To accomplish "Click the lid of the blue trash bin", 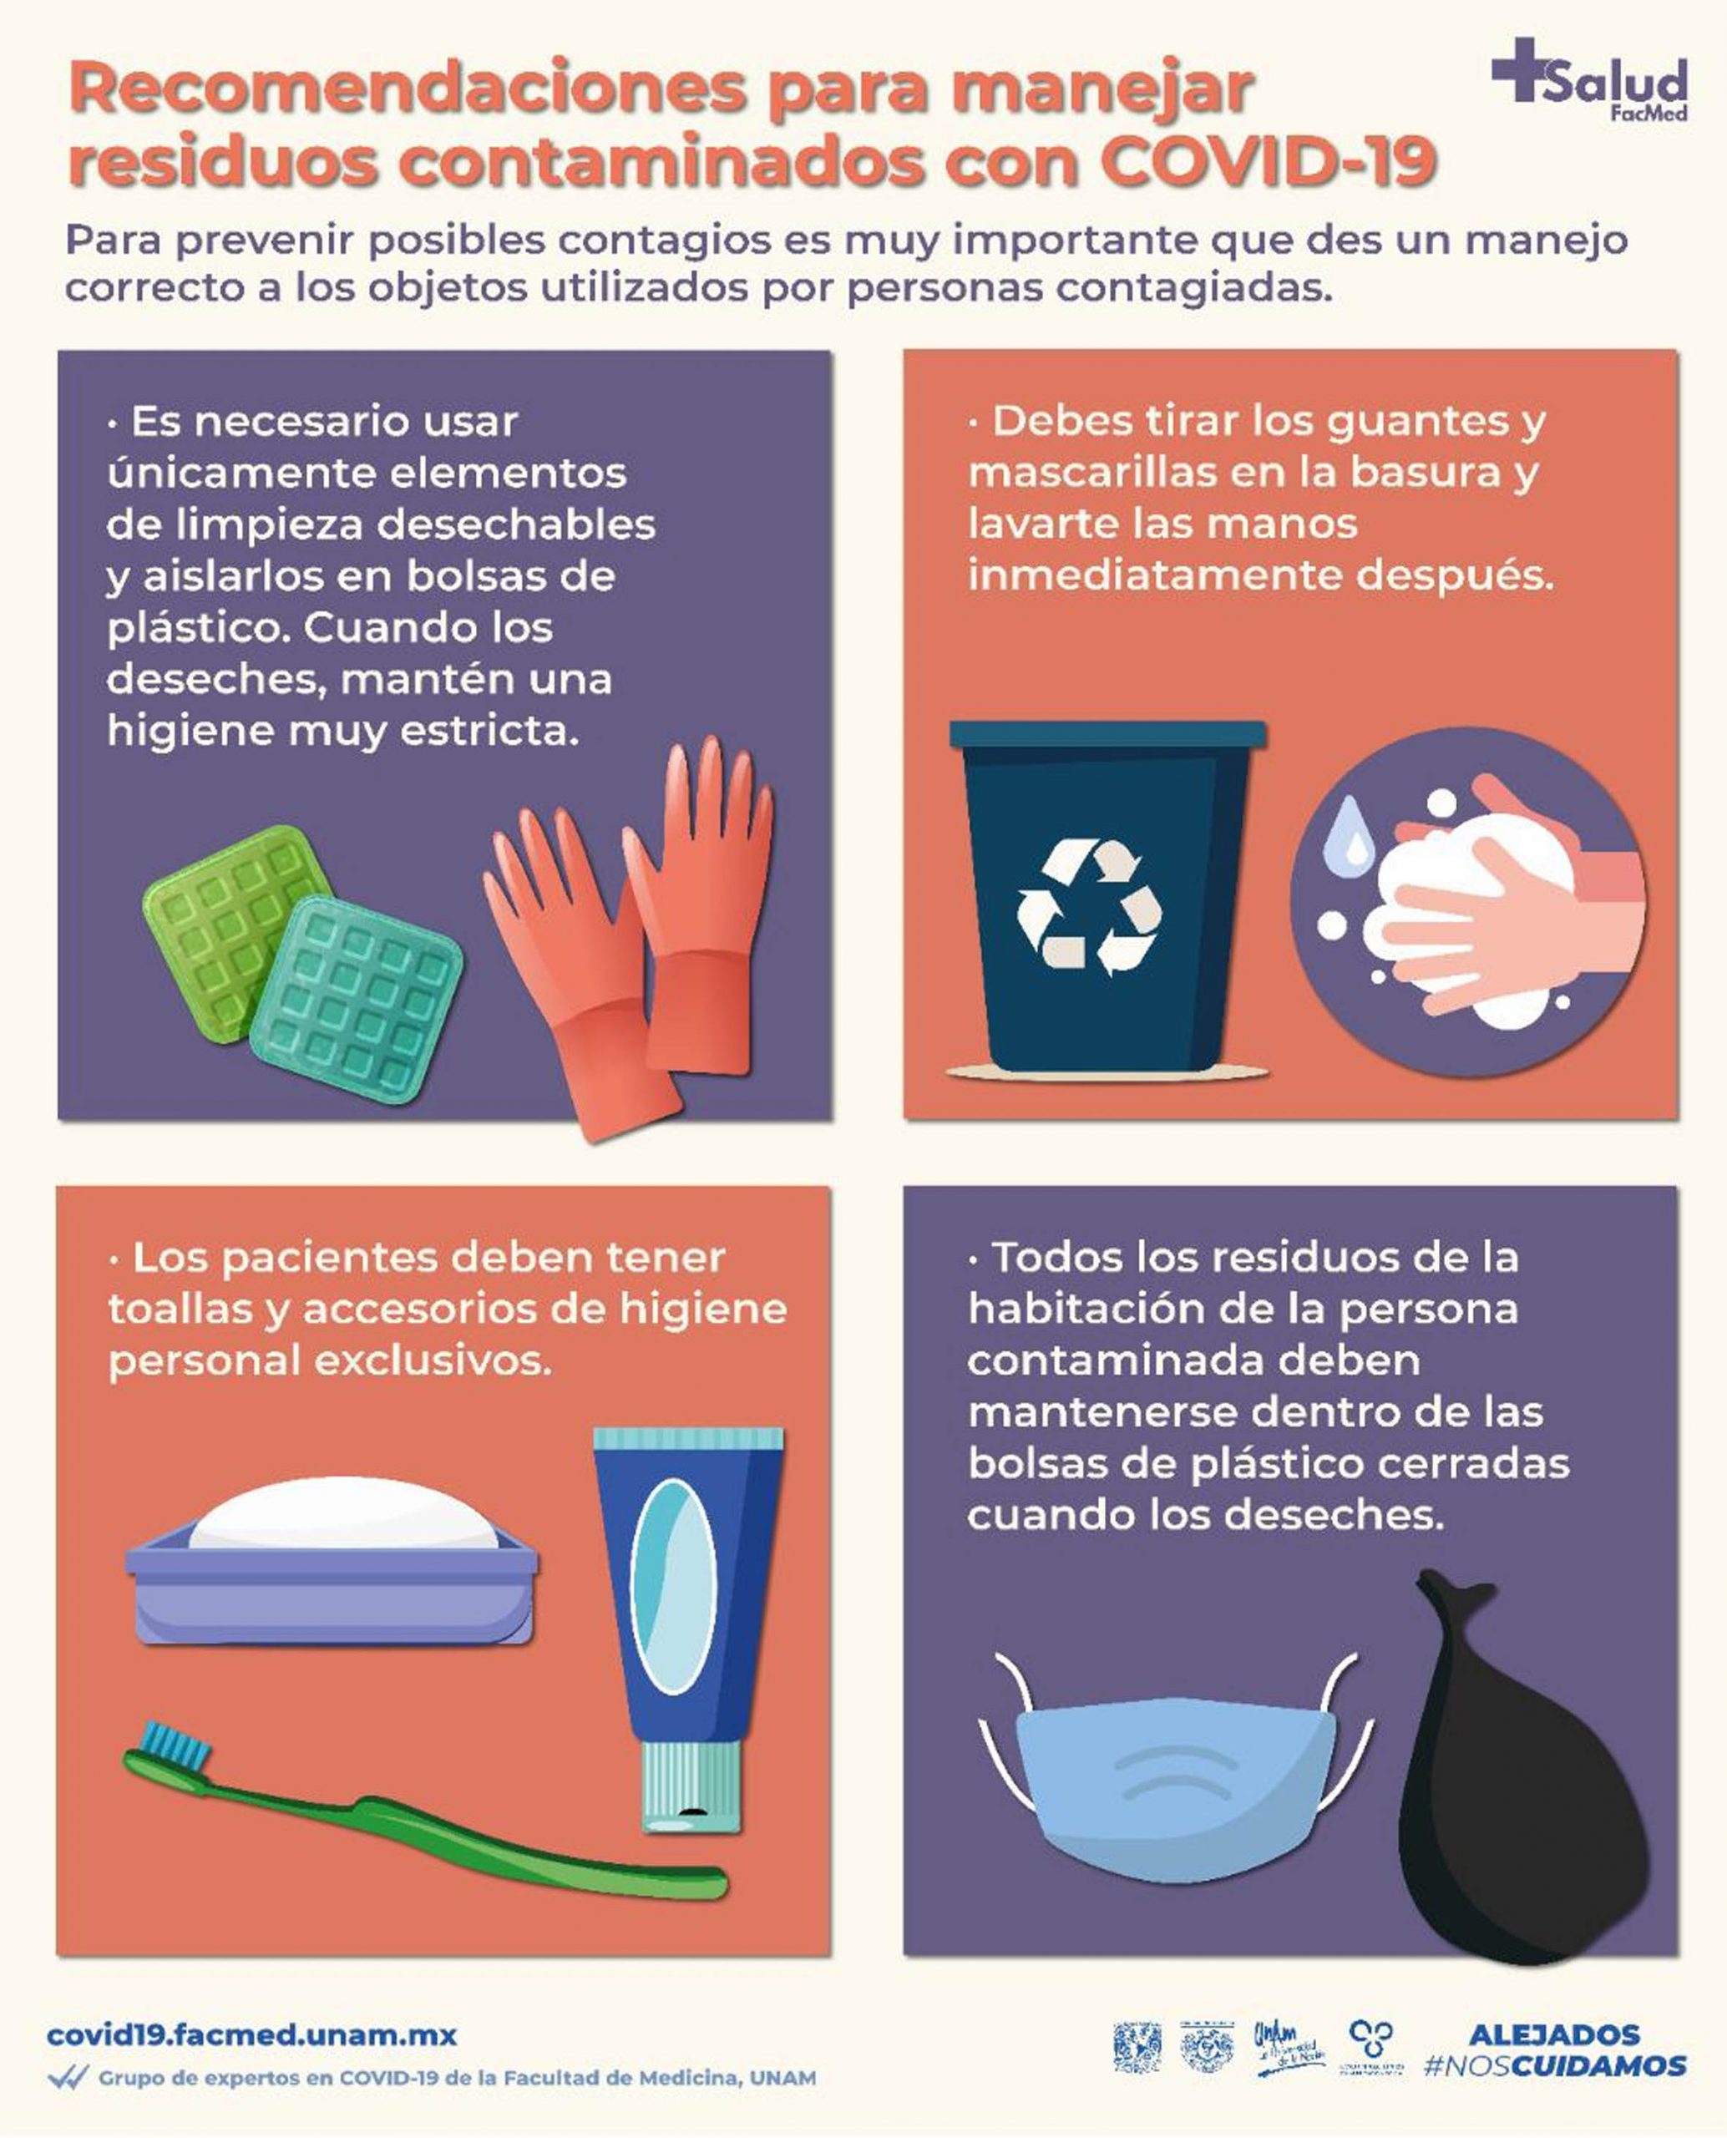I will tap(1107, 735).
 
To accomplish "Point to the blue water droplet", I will tap(1349, 832).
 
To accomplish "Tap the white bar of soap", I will tap(344, 1516).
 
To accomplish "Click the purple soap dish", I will tap(332, 1592).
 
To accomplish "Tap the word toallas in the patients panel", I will tap(179, 1310).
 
